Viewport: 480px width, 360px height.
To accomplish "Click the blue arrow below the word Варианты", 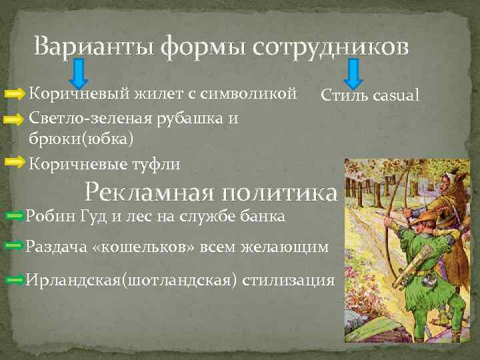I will (78, 73).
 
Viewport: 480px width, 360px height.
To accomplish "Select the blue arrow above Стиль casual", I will (353, 73).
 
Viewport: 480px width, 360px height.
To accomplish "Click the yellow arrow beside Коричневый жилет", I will (15, 95).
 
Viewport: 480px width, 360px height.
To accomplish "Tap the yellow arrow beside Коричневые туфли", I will (15, 162).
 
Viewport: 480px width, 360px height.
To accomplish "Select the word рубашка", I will (190, 119).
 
